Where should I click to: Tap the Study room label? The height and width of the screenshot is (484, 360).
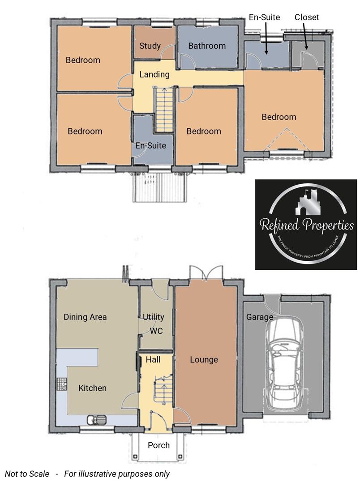[150, 46]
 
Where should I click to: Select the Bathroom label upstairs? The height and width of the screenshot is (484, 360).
[206, 46]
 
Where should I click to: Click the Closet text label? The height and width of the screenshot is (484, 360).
[307, 17]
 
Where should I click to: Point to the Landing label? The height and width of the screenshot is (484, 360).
[154, 75]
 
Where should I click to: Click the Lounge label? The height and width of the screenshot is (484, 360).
[204, 359]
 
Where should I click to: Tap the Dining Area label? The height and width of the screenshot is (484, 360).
[85, 317]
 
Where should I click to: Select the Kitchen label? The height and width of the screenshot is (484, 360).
[92, 388]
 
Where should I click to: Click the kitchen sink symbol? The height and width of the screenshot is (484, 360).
[96, 420]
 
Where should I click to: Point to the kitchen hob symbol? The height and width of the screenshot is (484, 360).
[61, 384]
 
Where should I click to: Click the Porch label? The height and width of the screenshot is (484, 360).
[159, 445]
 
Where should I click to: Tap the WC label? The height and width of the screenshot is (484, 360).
[156, 331]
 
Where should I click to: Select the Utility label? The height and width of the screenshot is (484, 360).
[153, 317]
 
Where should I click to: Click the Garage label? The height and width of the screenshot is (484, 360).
[259, 317]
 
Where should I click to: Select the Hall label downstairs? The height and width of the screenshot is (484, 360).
[153, 359]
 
